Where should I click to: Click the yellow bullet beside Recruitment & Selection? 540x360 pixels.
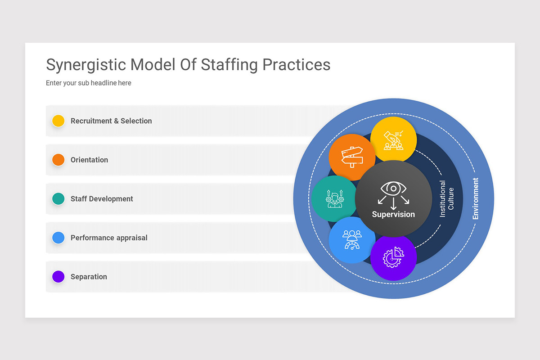pyautogui.click(x=58, y=121)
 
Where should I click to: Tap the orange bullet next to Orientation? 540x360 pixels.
pyautogui.click(x=58, y=160)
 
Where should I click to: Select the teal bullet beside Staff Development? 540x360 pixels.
pyautogui.click(x=58, y=199)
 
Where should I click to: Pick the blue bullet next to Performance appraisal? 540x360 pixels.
pyautogui.click(x=58, y=238)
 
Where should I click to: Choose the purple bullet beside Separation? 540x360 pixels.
pyautogui.click(x=58, y=277)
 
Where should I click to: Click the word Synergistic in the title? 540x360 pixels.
pyautogui.click(x=86, y=65)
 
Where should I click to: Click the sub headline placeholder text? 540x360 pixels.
pyautogui.click(x=89, y=83)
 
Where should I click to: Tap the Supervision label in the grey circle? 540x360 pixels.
pyautogui.click(x=393, y=215)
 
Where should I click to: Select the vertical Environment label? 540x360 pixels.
pyautogui.click(x=476, y=198)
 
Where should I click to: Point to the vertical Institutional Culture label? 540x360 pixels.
pyautogui.click(x=446, y=198)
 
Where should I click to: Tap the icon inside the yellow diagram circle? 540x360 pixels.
pyautogui.click(x=393, y=140)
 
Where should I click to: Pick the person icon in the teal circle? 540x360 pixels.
pyautogui.click(x=334, y=198)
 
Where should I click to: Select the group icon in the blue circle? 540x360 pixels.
pyautogui.click(x=352, y=239)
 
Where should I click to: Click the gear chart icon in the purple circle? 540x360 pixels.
pyautogui.click(x=393, y=257)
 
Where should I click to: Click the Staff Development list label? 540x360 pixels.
pyautogui.click(x=102, y=199)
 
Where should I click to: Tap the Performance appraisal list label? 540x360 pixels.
pyautogui.click(x=109, y=238)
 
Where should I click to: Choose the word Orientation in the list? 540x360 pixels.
pyautogui.click(x=89, y=160)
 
